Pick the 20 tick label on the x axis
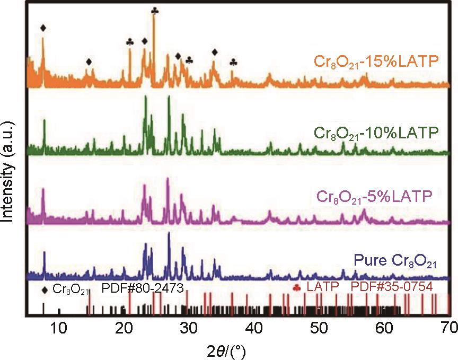tap(124, 329)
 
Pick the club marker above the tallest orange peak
tap(154, 11)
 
